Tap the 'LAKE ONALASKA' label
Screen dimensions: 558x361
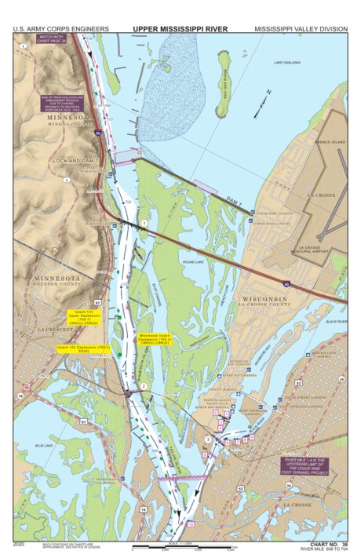[287, 62]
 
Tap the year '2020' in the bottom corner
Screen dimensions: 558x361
[20, 543]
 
